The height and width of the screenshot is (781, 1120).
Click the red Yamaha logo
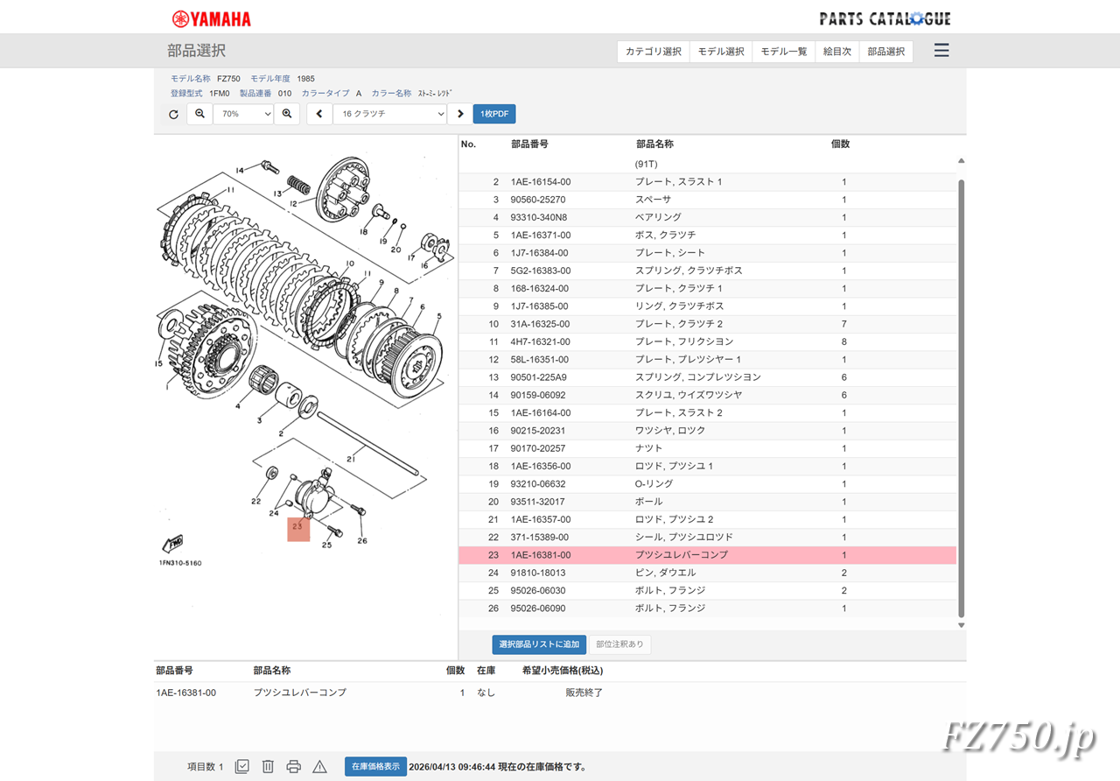click(211, 18)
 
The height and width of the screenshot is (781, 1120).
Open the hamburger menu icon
click(941, 51)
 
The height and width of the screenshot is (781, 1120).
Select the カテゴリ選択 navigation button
click(653, 52)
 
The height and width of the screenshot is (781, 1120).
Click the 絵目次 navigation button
click(837, 52)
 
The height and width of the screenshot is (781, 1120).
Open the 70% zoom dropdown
click(243, 114)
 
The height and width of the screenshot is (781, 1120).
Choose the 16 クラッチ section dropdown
click(389, 114)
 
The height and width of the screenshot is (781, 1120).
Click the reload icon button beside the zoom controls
click(173, 114)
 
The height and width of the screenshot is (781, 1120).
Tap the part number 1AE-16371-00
click(541, 236)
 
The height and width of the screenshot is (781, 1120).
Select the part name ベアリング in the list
click(658, 217)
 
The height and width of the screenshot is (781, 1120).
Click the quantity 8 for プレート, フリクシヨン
click(843, 341)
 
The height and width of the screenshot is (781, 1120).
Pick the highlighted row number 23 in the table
click(493, 555)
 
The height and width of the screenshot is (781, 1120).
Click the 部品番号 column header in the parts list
click(529, 144)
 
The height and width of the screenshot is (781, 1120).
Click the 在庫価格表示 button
click(375, 766)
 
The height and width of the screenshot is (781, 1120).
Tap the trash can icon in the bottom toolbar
click(268, 766)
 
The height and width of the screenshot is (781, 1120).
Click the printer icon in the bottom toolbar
click(294, 766)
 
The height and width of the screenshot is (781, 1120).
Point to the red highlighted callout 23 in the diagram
click(298, 529)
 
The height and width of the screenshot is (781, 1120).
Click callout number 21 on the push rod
click(351, 457)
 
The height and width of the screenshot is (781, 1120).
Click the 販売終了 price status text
click(584, 693)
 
